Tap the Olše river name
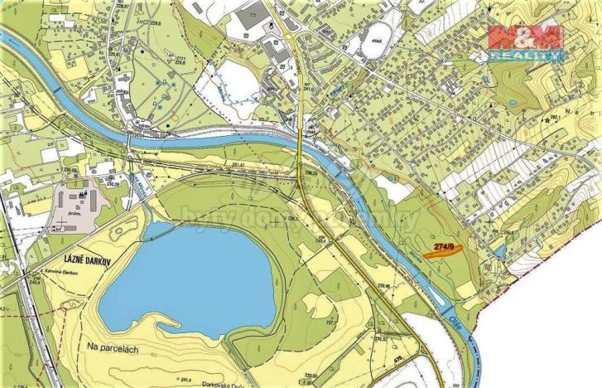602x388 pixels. pos(457,318)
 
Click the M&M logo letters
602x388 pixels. pos(525,37)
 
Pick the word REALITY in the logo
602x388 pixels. pos(525,56)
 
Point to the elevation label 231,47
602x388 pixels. pos(239,166)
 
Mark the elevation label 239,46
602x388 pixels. pos(383,287)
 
